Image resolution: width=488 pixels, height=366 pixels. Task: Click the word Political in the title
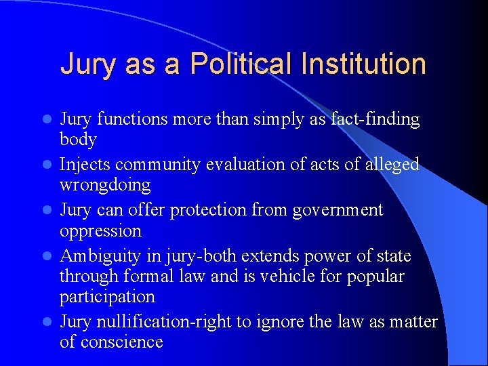240,64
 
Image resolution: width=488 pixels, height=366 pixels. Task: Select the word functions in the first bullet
132,119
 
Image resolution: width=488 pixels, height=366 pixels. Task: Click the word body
78,140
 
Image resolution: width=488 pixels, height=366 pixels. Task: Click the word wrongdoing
105,185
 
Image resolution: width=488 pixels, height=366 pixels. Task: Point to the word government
338,210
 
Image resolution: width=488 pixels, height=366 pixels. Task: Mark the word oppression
100,230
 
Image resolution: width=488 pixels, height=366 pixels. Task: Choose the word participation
107,296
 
